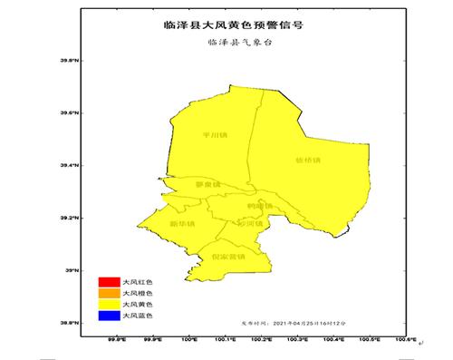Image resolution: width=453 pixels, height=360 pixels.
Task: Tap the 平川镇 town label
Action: pos(215,135)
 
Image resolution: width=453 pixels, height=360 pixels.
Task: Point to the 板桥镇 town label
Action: pos(309,161)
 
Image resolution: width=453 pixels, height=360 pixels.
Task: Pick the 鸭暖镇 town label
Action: pos(259,206)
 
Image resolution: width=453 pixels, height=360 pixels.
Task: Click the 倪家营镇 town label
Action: pos(228,257)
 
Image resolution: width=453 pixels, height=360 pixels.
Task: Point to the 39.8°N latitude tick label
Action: pos(70,61)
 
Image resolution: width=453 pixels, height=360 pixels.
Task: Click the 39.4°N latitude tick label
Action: pos(70,166)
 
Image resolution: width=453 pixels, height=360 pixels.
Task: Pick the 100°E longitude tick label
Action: pos(190,340)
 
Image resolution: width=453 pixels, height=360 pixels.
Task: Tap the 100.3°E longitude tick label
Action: pos(298,340)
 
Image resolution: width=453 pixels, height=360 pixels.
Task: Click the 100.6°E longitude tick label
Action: pos(404,340)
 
